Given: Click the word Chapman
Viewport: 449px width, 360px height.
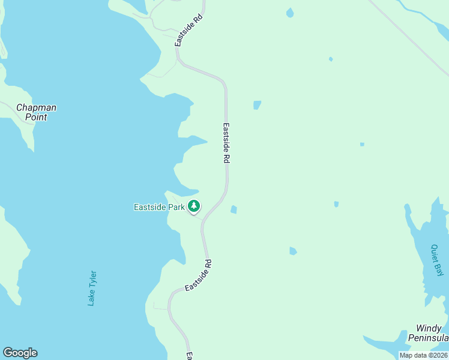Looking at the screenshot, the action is [36, 108].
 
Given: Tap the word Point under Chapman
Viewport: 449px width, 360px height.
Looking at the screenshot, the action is [36, 118].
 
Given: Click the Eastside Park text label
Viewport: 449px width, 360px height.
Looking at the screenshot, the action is [158, 208].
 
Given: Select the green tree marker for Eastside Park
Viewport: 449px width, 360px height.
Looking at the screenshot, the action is [193, 206].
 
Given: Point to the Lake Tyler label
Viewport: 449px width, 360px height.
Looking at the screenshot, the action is [92, 288].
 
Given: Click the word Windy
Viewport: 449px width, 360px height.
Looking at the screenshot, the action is [429, 329].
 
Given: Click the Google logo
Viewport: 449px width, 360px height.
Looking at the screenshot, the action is [20, 353].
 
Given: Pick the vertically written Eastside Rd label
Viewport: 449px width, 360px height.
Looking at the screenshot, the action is [226, 144].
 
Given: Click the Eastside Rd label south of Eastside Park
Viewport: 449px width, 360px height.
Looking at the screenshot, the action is [199, 276].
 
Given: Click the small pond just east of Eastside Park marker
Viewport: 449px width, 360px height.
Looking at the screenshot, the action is [234, 209].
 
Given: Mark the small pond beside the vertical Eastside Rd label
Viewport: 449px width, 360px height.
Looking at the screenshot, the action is [257, 105].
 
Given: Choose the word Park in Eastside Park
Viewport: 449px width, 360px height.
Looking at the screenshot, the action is [176, 208].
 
